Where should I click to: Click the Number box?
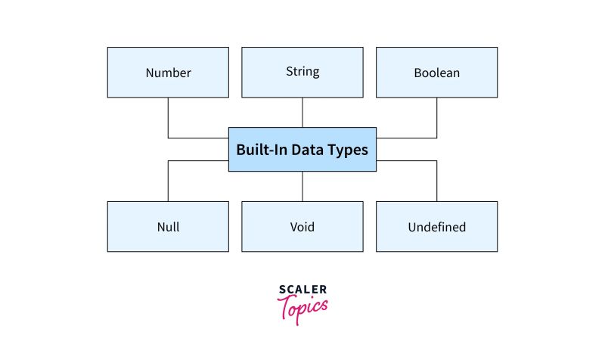click(168, 73)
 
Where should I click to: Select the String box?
click(302, 73)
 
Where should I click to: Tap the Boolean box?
click(436, 73)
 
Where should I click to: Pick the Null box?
click(168, 226)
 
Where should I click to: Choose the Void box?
click(302, 226)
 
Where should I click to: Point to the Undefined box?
click(436, 226)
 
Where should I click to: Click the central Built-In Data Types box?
click(302, 149)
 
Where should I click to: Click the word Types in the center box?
click(348, 150)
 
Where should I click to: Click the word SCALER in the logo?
click(302, 290)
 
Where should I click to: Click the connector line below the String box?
click(302, 113)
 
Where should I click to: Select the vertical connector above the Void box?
click(302, 186)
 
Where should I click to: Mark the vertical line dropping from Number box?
click(168, 117)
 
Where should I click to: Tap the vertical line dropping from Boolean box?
click(436, 117)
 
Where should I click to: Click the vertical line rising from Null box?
click(168, 182)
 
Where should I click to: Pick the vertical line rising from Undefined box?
click(436, 182)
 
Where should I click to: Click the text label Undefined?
click(436, 227)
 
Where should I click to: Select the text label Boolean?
click(436, 73)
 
